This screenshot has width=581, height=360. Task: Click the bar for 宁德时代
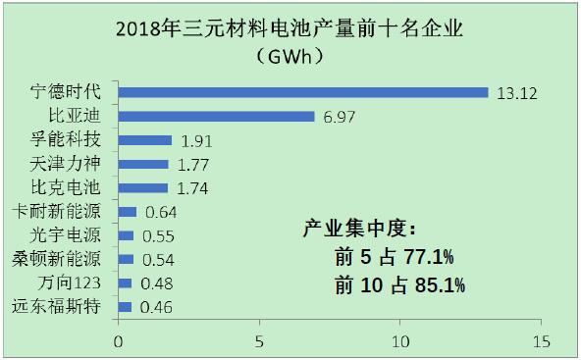pyautogui.click(x=302, y=92)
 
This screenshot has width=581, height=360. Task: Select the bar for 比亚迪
pyautogui.click(x=216, y=117)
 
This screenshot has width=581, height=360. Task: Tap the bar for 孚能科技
pyautogui.click(x=144, y=140)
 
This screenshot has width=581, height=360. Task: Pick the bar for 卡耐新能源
pyautogui.click(x=127, y=212)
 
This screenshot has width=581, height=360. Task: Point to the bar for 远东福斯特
pyautogui.click(x=125, y=307)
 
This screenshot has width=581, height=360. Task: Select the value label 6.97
pyautogui.click(x=339, y=117)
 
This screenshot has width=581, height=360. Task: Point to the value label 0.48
pyautogui.click(x=160, y=283)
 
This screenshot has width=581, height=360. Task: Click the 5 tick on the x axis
pyautogui.click(x=259, y=342)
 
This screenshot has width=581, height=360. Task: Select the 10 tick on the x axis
pyautogui.click(x=399, y=342)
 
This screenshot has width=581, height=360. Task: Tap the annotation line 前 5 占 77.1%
pyautogui.click(x=395, y=259)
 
